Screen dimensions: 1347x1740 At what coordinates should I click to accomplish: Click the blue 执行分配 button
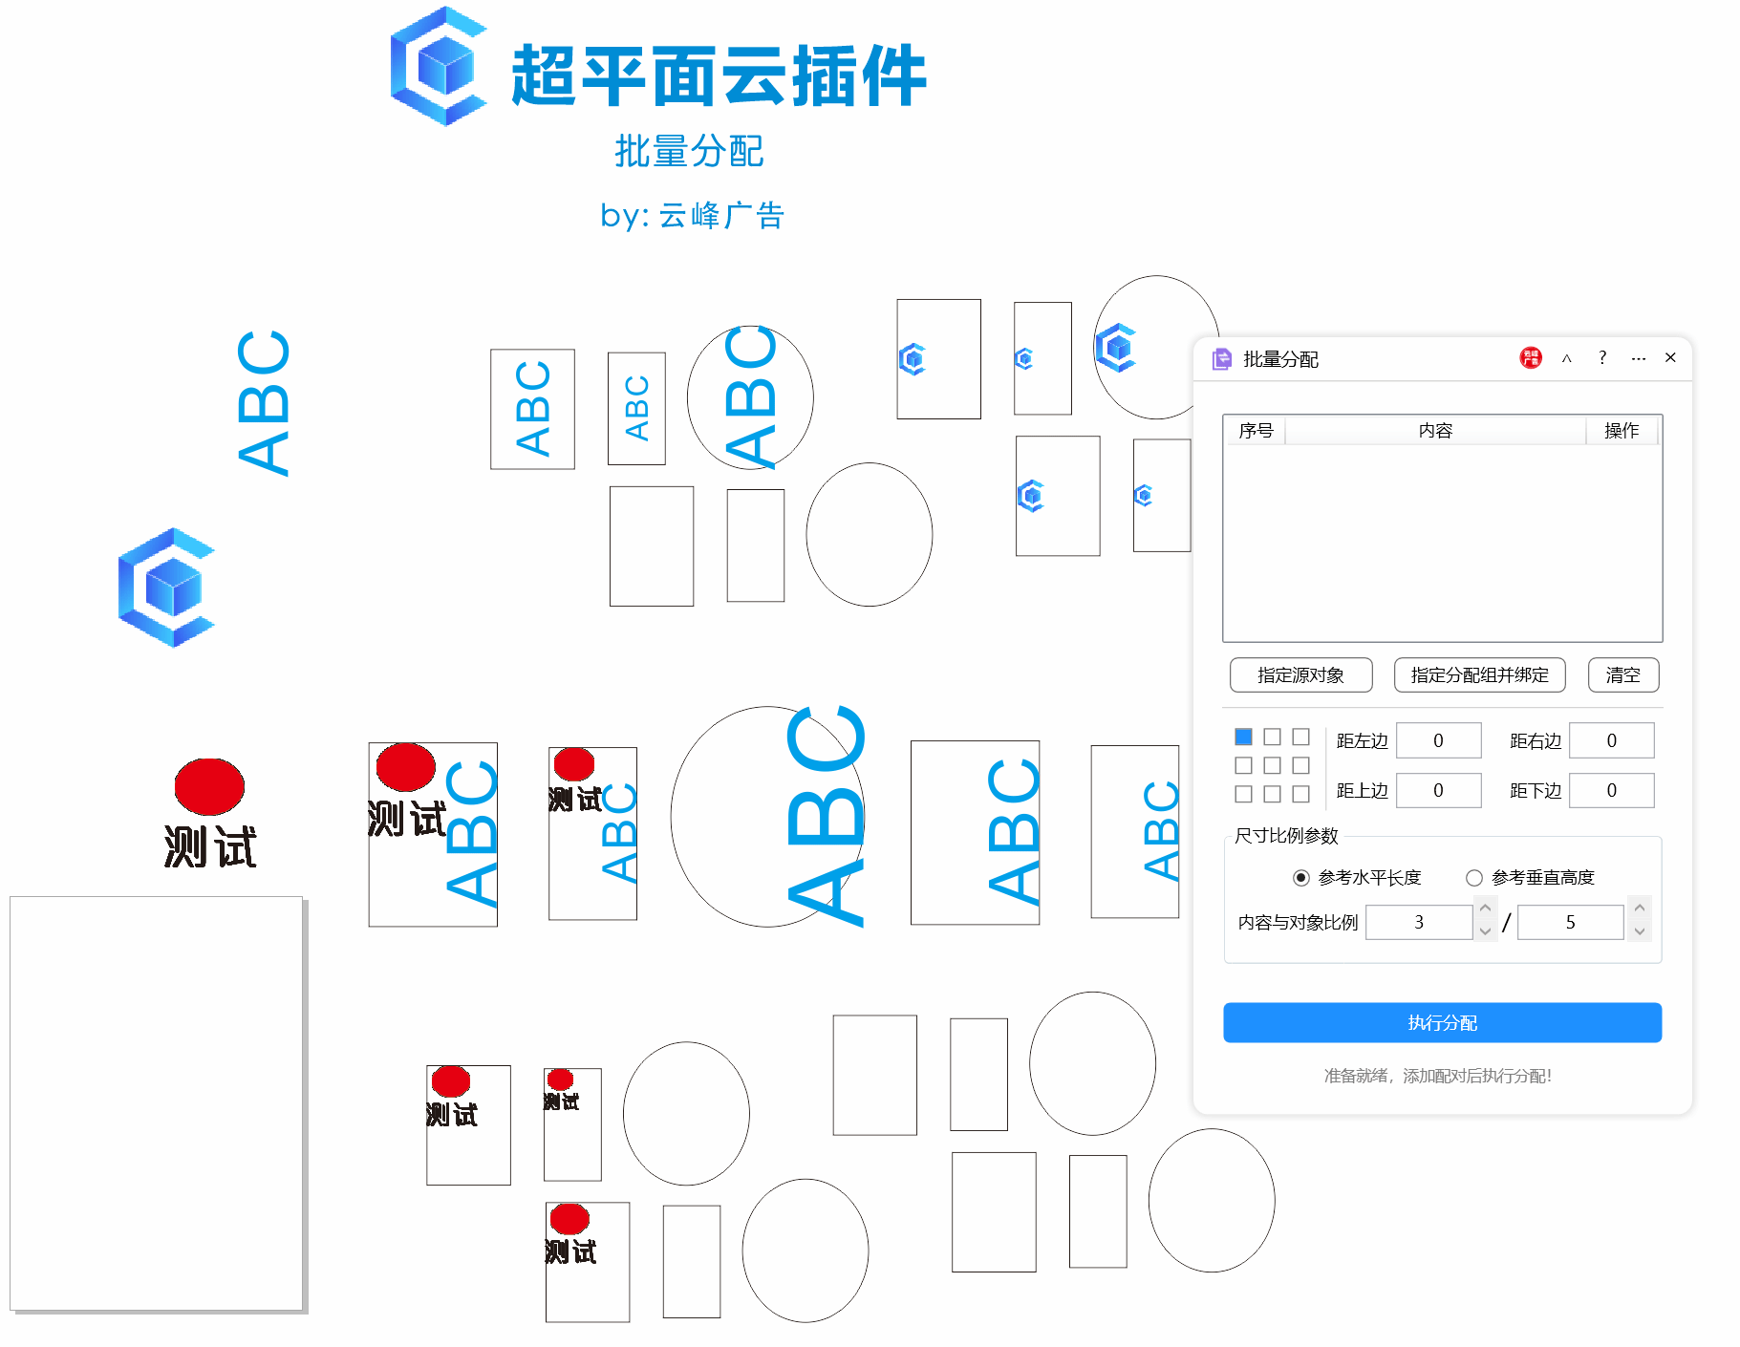pos(1441,1022)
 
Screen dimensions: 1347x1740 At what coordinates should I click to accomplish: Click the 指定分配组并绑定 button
pos(1478,674)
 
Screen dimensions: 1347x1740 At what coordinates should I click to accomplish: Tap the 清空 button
pos(1622,674)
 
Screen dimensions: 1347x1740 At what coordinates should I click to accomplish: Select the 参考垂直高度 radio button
pos(1474,877)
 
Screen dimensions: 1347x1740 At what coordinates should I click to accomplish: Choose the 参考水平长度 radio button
pos(1300,877)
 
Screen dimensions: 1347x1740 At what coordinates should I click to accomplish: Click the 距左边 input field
pos(1438,740)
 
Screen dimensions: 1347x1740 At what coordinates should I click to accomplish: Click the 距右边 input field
pos(1611,740)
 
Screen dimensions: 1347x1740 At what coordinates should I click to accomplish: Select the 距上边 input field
pos(1438,790)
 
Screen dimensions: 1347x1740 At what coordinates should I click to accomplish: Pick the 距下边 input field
pos(1611,790)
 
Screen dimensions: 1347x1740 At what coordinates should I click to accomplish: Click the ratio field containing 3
pos(1418,922)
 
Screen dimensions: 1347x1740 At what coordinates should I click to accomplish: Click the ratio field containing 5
pos(1569,922)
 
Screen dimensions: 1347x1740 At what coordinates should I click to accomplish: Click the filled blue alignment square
pos(1243,737)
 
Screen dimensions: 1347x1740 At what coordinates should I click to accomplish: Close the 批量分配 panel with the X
pos(1670,357)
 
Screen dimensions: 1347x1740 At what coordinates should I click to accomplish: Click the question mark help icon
pos(1602,357)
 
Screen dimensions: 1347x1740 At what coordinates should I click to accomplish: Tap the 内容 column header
pos(1435,431)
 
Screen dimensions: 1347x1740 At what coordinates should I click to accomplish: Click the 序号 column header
pos(1256,431)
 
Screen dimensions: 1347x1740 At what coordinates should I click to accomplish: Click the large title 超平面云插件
pos(719,76)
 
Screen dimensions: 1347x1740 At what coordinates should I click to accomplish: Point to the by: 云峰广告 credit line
pos(692,216)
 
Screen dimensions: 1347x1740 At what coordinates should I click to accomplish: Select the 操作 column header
pos(1622,431)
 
